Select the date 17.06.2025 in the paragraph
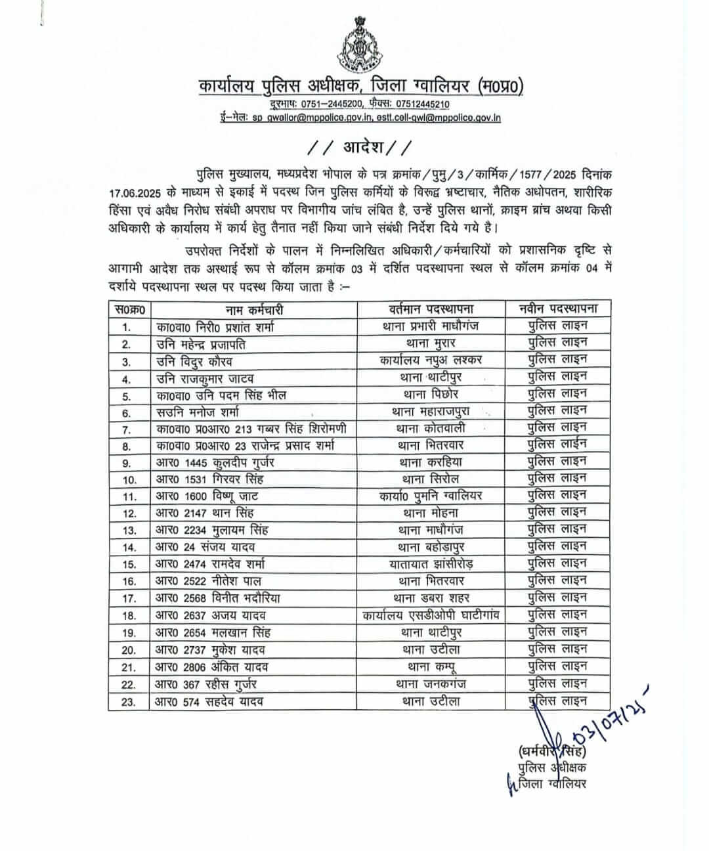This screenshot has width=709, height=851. pyautogui.click(x=140, y=194)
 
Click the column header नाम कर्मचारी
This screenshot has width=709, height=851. pyautogui.click(x=255, y=309)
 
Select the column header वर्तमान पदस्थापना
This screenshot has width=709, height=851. pyautogui.click(x=431, y=309)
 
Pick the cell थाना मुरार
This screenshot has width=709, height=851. pyautogui.click(x=431, y=343)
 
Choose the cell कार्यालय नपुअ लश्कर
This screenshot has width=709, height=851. pyautogui.click(x=431, y=360)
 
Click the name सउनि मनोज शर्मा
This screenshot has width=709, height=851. pyautogui.click(x=198, y=412)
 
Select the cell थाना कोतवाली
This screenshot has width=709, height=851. pyautogui.click(x=431, y=429)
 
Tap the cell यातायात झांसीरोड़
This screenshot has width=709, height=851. pyautogui.click(x=431, y=564)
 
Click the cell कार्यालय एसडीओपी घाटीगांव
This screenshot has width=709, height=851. pyautogui.click(x=431, y=615)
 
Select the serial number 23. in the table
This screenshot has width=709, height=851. pyautogui.click(x=129, y=702)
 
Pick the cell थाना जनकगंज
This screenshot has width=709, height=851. pyautogui.click(x=431, y=684)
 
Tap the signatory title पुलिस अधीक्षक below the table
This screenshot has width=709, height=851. pyautogui.click(x=552, y=768)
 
